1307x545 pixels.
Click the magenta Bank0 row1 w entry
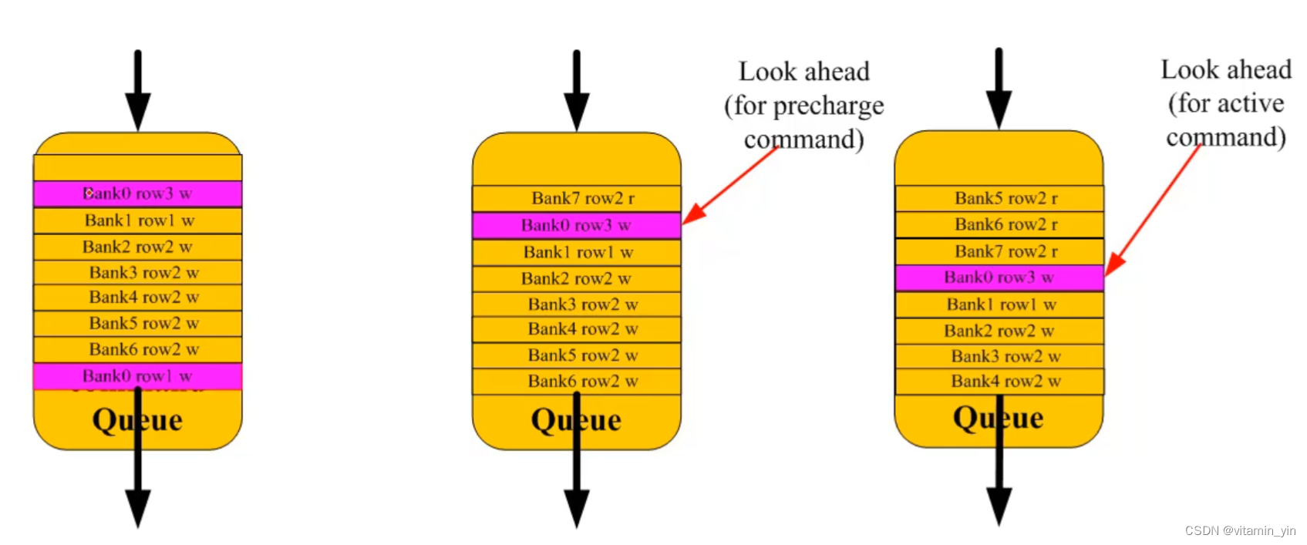pyautogui.click(x=137, y=376)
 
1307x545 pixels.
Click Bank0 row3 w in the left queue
pyautogui.click(x=137, y=193)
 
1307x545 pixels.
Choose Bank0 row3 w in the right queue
pyautogui.click(x=999, y=278)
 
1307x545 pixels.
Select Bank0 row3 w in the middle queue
pyautogui.click(x=576, y=225)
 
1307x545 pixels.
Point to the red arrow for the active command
pyautogui.click(x=1153, y=208)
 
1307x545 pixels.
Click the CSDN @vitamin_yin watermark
pyautogui.click(x=1240, y=530)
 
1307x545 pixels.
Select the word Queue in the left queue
pyautogui.click(x=137, y=420)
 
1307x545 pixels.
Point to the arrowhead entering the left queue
pyautogui.click(x=138, y=110)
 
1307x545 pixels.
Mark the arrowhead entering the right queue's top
pyautogui.click(x=999, y=109)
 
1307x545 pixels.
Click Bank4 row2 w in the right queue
pyautogui.click(x=1006, y=381)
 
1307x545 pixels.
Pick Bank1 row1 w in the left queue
pyautogui.click(x=139, y=220)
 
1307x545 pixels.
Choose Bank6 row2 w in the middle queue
pyautogui.click(x=582, y=381)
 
